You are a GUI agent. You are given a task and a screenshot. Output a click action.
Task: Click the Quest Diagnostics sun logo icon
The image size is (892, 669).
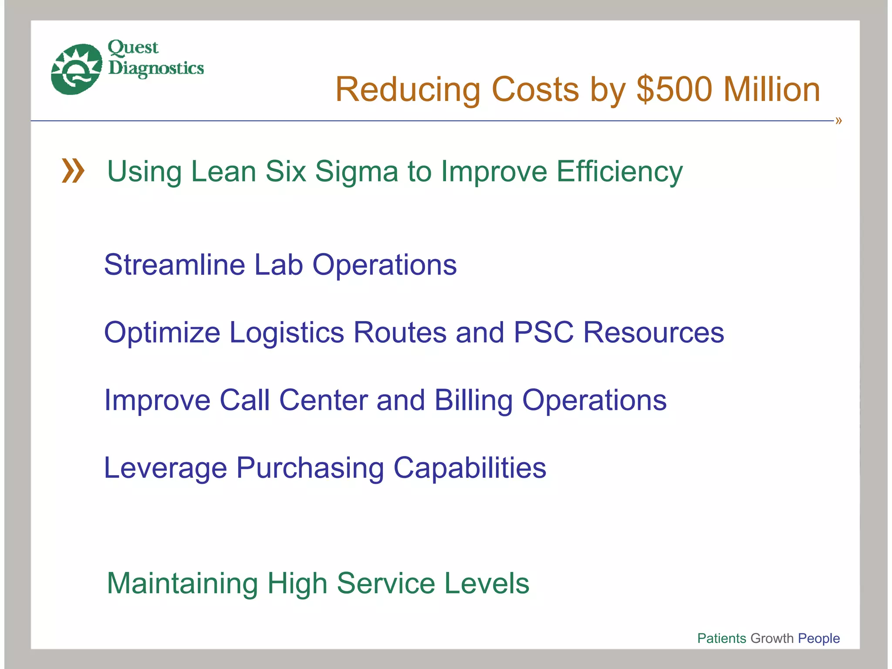coord(76,69)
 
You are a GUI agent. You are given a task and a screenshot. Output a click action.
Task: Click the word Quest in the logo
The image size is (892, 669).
coord(133,47)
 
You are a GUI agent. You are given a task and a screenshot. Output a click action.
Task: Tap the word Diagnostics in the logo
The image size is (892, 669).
coord(156,68)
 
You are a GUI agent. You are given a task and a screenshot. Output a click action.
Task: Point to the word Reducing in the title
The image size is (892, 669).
coord(408,90)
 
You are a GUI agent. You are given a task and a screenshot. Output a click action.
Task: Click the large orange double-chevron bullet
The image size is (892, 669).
coord(73,171)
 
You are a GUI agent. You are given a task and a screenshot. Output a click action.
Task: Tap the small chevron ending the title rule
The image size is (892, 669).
coord(838,121)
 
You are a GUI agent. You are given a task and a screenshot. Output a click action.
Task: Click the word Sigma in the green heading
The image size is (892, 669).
coord(356,171)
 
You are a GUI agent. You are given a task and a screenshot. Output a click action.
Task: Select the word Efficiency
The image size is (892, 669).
coord(619,171)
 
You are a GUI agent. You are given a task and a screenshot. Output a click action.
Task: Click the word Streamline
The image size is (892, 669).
coord(175,264)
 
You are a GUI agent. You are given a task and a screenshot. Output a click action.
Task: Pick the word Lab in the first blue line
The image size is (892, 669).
coord(278,264)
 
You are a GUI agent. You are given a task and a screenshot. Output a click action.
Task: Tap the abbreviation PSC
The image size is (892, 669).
coord(544,332)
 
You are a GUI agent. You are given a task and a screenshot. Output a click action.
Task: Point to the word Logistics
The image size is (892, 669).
coord(287,332)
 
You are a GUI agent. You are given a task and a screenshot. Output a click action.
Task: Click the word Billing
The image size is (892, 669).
coord(473,400)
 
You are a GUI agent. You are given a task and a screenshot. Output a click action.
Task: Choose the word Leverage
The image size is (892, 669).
coord(166,468)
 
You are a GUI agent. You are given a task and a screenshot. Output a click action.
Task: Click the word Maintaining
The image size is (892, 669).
coord(182,583)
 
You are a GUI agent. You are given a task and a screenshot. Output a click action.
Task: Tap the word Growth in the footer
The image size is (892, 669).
coord(772,638)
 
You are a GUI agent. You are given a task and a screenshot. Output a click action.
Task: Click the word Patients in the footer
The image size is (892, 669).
coord(722,638)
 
